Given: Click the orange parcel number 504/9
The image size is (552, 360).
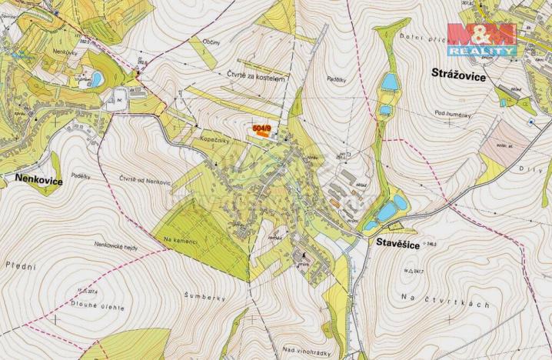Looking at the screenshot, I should pyautogui.click(x=263, y=128).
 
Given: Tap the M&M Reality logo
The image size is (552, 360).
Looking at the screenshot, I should pyautogui.click(x=482, y=38).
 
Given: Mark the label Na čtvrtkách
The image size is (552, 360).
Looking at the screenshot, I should pyautogui.click(x=445, y=303).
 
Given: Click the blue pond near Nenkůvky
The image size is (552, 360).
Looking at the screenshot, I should pyautogui.click(x=96, y=78).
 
